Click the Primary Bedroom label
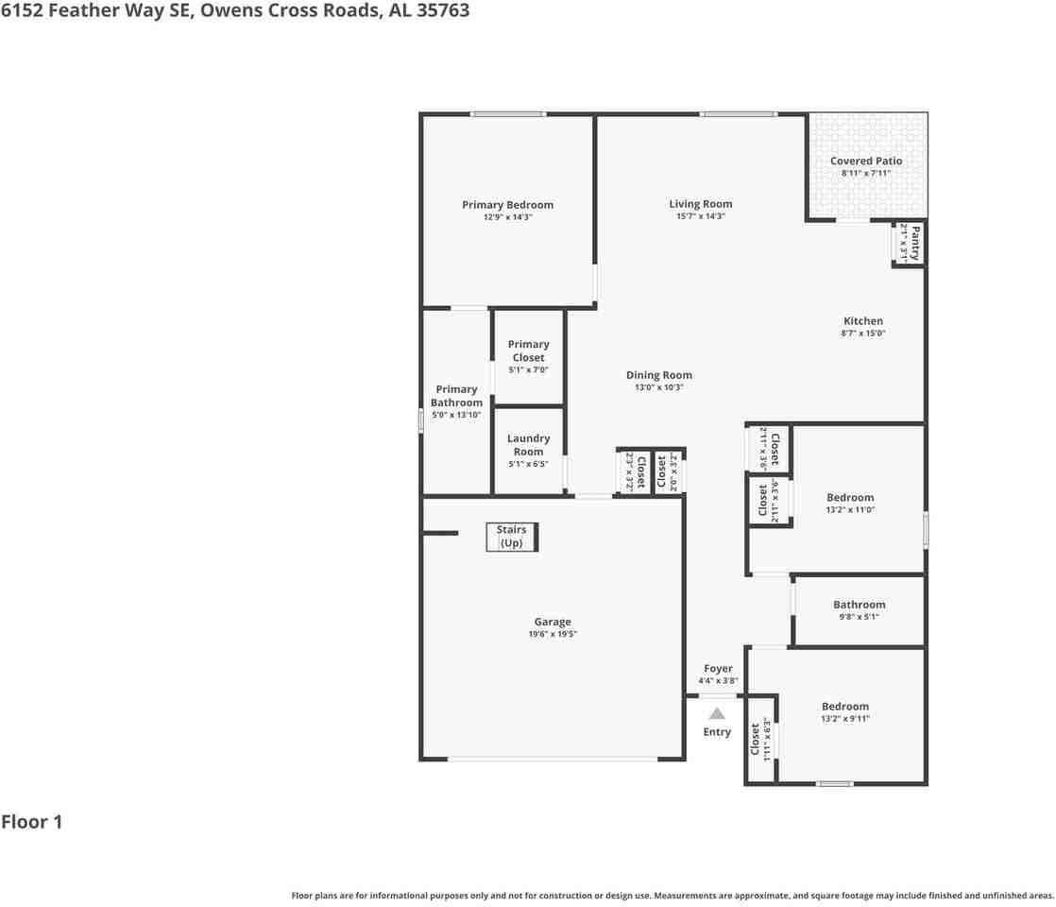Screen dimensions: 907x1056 tap(507, 205)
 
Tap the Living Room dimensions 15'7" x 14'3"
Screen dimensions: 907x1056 tap(700, 216)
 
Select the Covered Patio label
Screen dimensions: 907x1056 tap(865, 161)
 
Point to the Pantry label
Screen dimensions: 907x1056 tap(914, 243)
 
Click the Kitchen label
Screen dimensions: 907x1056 tap(862, 321)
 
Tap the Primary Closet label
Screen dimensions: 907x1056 tap(528, 351)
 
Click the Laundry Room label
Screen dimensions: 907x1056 tap(528, 445)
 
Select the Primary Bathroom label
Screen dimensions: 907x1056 tap(456, 395)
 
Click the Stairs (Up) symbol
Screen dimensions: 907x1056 tap(512, 537)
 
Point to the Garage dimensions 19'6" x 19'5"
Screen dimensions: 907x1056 tap(552, 635)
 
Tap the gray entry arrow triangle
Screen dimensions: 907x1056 tap(717, 713)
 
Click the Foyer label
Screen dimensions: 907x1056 tap(718, 669)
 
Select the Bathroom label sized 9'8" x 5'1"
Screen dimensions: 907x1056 tap(859, 605)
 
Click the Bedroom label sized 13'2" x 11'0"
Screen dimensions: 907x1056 tap(850, 498)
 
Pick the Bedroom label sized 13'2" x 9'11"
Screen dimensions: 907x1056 tap(844, 707)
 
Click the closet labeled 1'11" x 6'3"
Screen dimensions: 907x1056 tap(759, 740)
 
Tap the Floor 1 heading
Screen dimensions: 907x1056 tap(31, 822)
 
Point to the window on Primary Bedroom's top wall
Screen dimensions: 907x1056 tap(508, 114)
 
